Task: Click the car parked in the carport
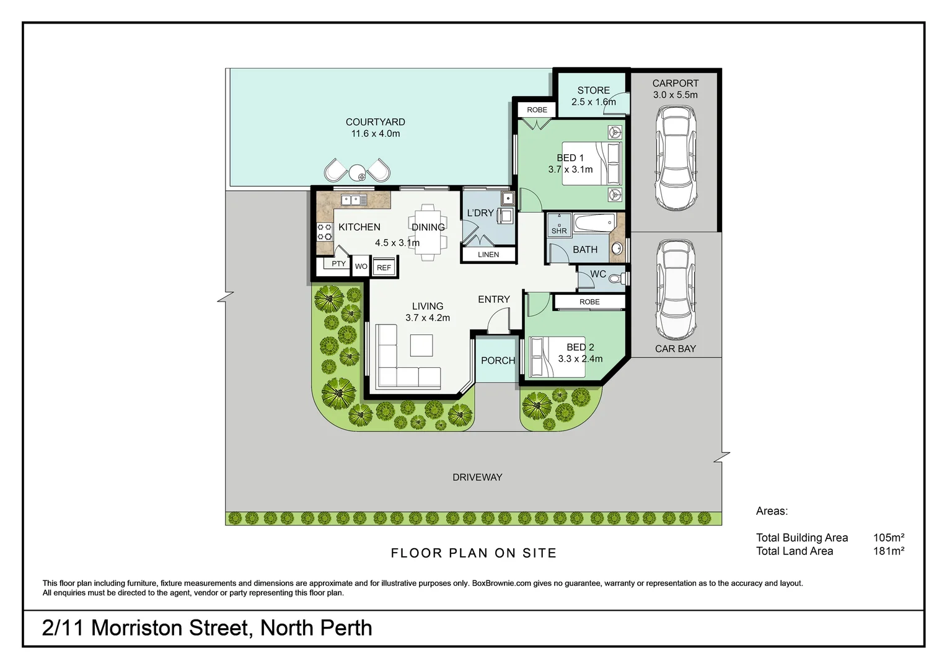point(676,159)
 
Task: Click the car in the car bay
point(676,290)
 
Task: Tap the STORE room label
point(593,90)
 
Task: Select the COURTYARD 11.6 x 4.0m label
point(375,128)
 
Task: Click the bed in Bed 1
point(592,164)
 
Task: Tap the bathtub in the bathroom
point(594,223)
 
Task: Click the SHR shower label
point(559,231)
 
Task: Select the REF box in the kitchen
point(384,268)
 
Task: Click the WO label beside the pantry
point(361,266)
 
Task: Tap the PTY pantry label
point(338,264)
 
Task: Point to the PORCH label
point(498,361)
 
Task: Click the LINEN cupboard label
point(488,255)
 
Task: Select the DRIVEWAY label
point(477,477)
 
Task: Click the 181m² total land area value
point(888,551)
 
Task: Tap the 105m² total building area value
point(888,537)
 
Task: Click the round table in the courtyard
point(358,173)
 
